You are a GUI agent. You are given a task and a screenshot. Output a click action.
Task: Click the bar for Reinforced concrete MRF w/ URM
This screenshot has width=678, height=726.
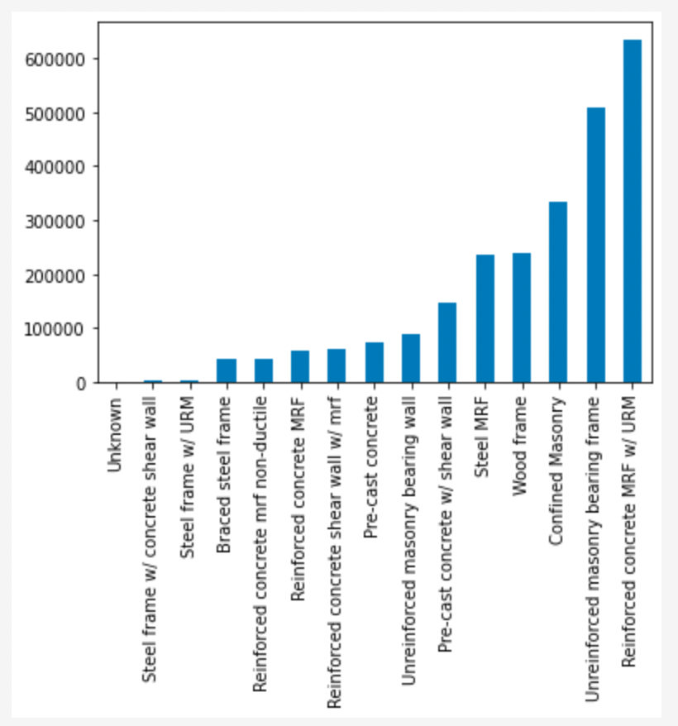coord(632,211)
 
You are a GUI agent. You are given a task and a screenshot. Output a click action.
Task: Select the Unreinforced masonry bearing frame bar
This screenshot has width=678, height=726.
coord(595,245)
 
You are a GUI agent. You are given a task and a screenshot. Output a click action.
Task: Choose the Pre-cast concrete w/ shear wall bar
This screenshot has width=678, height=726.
coord(447,342)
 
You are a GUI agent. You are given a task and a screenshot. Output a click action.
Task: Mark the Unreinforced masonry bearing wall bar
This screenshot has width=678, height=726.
coord(411,358)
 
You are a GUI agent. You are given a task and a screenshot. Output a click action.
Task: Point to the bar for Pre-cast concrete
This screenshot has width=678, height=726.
coord(375,362)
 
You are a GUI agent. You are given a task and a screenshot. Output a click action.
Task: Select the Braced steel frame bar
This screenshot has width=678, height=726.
coord(227,370)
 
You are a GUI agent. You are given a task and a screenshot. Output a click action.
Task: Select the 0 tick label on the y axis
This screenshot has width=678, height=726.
coord(81,384)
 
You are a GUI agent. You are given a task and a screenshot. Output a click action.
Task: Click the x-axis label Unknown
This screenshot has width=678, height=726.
coord(115,435)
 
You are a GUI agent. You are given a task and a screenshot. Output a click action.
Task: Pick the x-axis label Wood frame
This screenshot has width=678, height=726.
coord(521,447)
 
